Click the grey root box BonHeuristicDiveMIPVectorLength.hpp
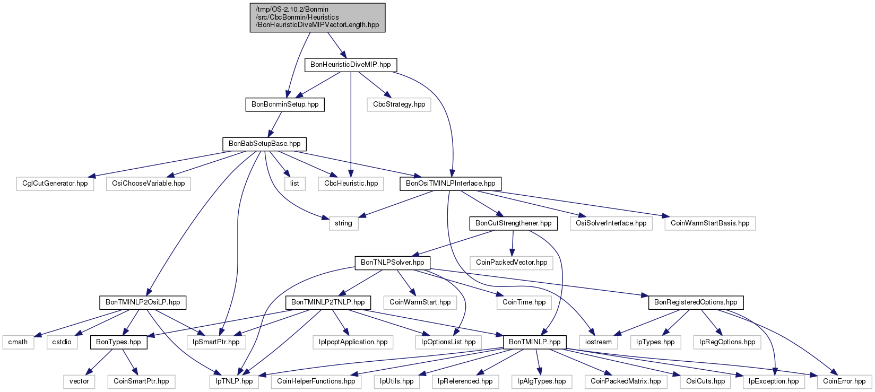317,18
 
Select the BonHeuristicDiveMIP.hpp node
351,65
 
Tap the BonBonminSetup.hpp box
285,104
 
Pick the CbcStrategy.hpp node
399,104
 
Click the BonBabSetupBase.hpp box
264,144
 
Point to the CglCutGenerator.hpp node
55,184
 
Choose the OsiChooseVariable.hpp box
149,184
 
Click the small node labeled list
294,184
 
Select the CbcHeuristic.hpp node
351,184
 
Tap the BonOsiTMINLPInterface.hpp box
451,184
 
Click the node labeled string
343,223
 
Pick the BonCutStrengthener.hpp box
513,223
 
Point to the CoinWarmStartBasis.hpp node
710,223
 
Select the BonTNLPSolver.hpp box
393,263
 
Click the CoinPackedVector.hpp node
512,263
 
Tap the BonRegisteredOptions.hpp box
696,302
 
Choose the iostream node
599,343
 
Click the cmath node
18,343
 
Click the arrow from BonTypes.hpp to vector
100,362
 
